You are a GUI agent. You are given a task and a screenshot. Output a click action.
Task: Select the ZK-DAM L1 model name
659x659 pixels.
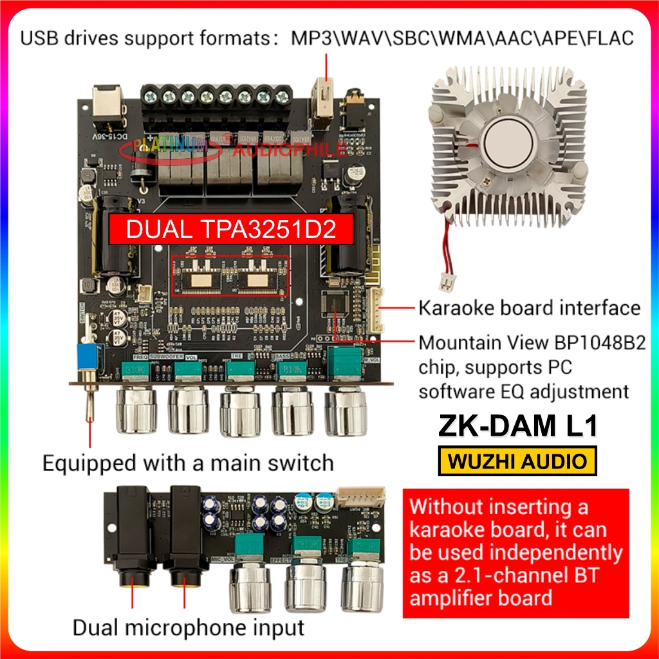point(518,427)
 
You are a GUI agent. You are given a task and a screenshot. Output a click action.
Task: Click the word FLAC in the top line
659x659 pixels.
point(609,37)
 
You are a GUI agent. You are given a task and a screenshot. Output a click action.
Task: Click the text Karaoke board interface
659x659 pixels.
point(529,308)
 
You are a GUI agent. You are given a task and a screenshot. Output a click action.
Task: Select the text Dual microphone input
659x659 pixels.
point(188,627)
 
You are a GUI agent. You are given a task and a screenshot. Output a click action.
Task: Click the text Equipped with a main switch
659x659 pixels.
point(188,463)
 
